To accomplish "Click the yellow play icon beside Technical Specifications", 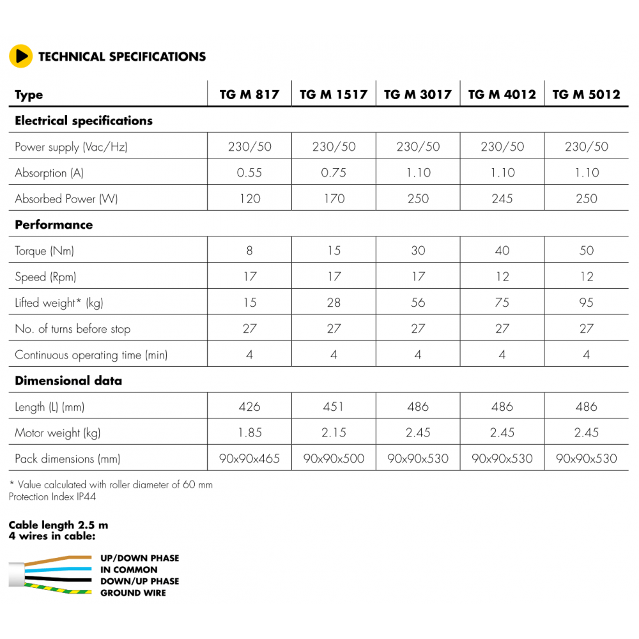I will coord(20,56).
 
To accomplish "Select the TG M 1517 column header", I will coord(334,95).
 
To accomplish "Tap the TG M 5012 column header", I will coord(586,95).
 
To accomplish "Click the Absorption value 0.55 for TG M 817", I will coord(249,173).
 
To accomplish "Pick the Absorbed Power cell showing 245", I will coord(502,199).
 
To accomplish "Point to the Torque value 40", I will coord(502,250).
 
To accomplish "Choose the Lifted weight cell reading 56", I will coord(418,303).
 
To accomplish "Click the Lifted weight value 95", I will coord(586,303).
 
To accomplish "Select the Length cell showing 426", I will coord(249,406).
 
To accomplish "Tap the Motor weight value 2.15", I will coord(334,433).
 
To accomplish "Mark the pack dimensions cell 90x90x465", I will coord(249,459).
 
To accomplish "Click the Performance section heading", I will coord(54,225).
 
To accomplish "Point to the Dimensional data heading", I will coord(68,381).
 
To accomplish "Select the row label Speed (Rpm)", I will coord(49,277).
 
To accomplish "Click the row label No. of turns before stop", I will coord(72,329).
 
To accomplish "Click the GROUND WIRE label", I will coord(133,593).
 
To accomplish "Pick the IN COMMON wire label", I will coord(128,569).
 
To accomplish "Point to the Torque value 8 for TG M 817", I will coord(249,250).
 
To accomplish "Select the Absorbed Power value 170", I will coord(334,199).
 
